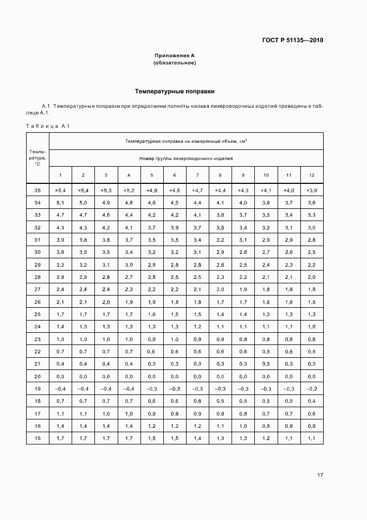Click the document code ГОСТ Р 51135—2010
pyautogui.click(x=292, y=40)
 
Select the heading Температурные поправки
pyautogui.click(x=174, y=91)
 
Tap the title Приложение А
pyautogui.click(x=174, y=56)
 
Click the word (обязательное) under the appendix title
pyautogui.click(x=174, y=63)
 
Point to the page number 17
pyautogui.click(x=320, y=475)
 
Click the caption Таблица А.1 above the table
pyautogui.click(x=48, y=126)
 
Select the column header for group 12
pyautogui.click(x=311, y=175)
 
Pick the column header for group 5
pyautogui.click(x=152, y=175)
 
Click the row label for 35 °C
pyautogui.click(x=38, y=191)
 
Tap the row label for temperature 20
pyautogui.click(x=38, y=376)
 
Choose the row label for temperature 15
pyautogui.click(x=38, y=438)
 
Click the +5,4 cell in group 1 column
pyautogui.click(x=60, y=191)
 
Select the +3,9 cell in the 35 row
pyautogui.click(x=311, y=191)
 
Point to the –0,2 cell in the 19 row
pyautogui.click(x=311, y=388)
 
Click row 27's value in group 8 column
pyautogui.click(x=220, y=289)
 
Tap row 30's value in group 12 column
pyautogui.click(x=311, y=252)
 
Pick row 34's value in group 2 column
pyautogui.click(x=83, y=203)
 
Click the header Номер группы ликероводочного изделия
pyautogui.click(x=186, y=158)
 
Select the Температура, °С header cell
pyautogui.click(x=38, y=157)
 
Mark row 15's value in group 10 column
pyautogui.click(x=266, y=438)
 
